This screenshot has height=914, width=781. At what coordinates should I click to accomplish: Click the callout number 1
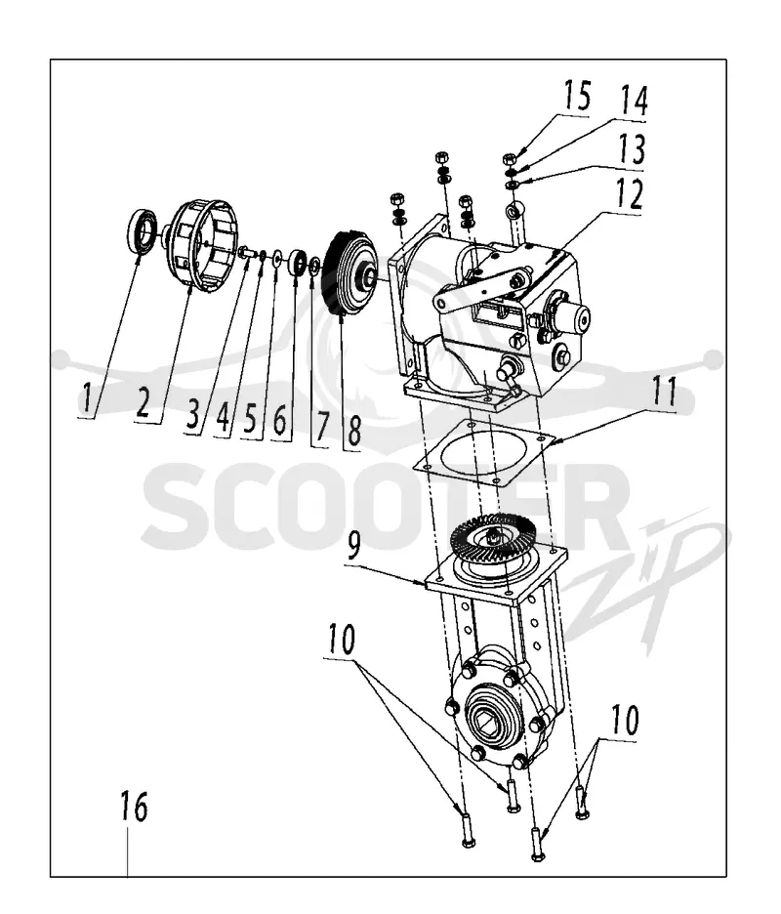pos(87,398)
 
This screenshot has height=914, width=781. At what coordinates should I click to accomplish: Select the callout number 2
pos(144,401)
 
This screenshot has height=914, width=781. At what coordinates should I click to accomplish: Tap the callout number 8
pos(353,431)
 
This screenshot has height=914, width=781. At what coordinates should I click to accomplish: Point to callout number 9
pos(353,544)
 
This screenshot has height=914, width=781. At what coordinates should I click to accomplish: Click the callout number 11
pos(664,392)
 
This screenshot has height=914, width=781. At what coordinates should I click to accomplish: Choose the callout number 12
pos(630,194)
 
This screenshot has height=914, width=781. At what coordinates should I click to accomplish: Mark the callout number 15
pos(578,96)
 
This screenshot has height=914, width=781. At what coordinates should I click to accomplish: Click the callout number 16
pos(134,807)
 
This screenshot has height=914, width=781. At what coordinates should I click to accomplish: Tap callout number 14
pos(635,101)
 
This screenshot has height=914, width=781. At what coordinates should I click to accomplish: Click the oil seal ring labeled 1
pos(141,230)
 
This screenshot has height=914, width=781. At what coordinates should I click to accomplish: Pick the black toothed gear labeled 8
pos(349,273)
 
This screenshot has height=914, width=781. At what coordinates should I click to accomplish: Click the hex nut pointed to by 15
pos(510,158)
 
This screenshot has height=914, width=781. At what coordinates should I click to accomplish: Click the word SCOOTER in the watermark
pos(386,506)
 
